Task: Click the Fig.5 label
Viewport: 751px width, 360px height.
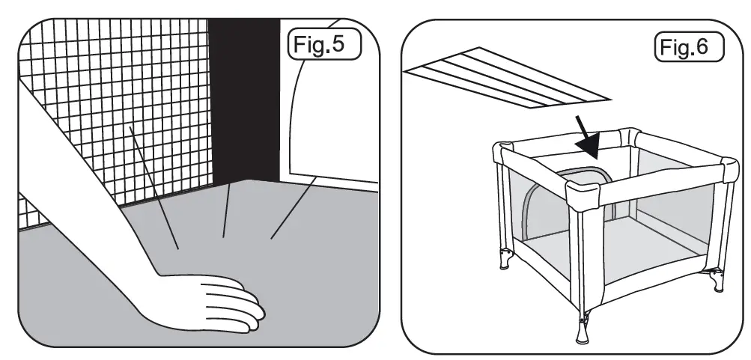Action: click(x=323, y=45)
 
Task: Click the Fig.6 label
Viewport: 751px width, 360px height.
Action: click(x=689, y=46)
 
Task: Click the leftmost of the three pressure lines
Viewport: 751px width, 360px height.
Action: click(x=153, y=187)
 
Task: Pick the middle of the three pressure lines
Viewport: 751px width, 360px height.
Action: click(x=226, y=213)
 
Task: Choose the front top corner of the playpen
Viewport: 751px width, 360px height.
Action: click(x=583, y=195)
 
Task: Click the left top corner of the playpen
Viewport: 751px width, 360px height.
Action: click(x=500, y=151)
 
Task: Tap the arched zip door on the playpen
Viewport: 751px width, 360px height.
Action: click(x=532, y=206)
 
